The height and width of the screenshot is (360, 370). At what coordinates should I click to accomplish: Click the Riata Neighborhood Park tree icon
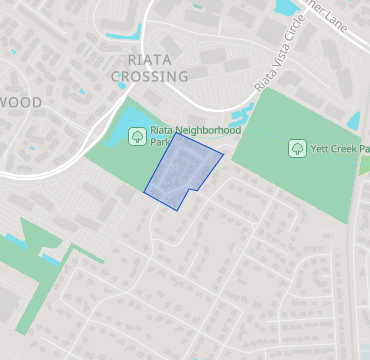click(136, 136)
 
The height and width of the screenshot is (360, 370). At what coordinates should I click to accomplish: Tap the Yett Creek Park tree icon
click(297, 149)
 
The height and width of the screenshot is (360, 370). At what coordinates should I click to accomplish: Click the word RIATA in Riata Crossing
click(135, 59)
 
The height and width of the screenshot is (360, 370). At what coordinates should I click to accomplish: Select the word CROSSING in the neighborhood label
click(151, 76)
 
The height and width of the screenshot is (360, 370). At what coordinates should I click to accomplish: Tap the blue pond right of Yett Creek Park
click(352, 121)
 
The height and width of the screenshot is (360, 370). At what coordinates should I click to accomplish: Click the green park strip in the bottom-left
click(40, 280)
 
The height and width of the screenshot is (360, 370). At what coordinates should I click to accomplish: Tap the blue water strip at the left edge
click(12, 240)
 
